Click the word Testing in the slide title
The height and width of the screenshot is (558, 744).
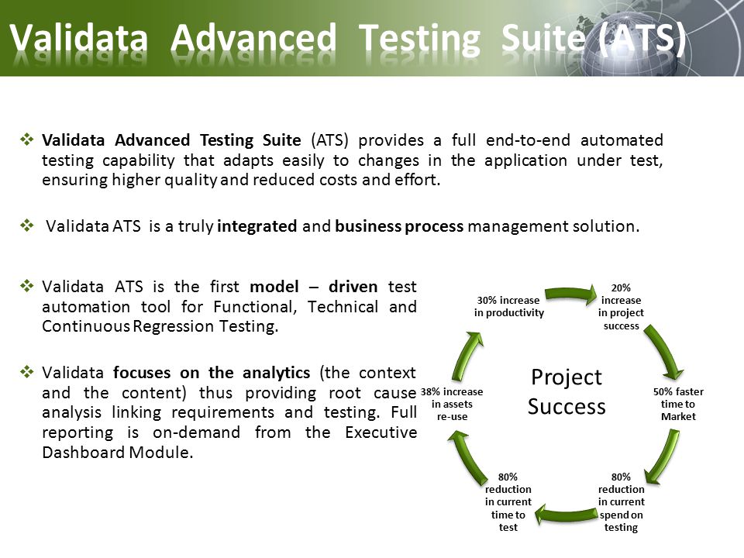click(419, 39)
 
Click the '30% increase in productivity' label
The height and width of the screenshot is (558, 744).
click(508, 307)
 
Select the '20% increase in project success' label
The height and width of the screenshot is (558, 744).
click(621, 307)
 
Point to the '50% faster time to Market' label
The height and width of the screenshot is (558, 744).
click(678, 405)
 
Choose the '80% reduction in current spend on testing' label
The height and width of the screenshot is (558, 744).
click(621, 502)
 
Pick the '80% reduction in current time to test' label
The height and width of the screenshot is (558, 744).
click(508, 502)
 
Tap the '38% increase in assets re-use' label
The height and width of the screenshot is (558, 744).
click(452, 405)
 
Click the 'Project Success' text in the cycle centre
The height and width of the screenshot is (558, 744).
click(567, 392)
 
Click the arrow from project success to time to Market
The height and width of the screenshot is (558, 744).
click(664, 350)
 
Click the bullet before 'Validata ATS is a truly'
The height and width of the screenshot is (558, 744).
click(27, 225)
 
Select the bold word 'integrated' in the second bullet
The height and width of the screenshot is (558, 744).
click(257, 226)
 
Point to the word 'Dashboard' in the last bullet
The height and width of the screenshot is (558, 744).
click(83, 452)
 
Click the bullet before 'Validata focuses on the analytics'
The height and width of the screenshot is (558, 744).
click(27, 371)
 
